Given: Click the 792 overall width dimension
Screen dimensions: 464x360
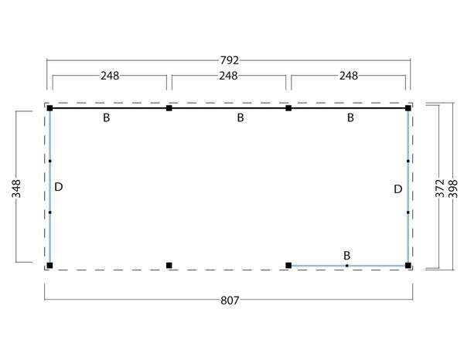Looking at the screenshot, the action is tap(230, 60).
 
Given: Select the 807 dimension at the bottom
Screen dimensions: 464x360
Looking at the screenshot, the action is tap(230, 301).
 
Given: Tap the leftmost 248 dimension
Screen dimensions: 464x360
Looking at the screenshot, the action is tap(110, 76).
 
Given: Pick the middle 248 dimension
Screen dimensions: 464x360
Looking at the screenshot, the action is tap(228, 76).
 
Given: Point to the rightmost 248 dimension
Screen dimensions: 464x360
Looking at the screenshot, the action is tap(349, 76).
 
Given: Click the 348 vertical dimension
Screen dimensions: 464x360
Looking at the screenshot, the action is tap(16, 188).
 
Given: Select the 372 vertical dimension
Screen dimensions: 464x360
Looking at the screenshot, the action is tap(440, 188).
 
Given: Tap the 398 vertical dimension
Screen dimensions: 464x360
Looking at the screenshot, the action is tap(453, 188).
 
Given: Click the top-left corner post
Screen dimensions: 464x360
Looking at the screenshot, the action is tap(49, 108).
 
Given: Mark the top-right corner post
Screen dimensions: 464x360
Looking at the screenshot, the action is tap(408, 108).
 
